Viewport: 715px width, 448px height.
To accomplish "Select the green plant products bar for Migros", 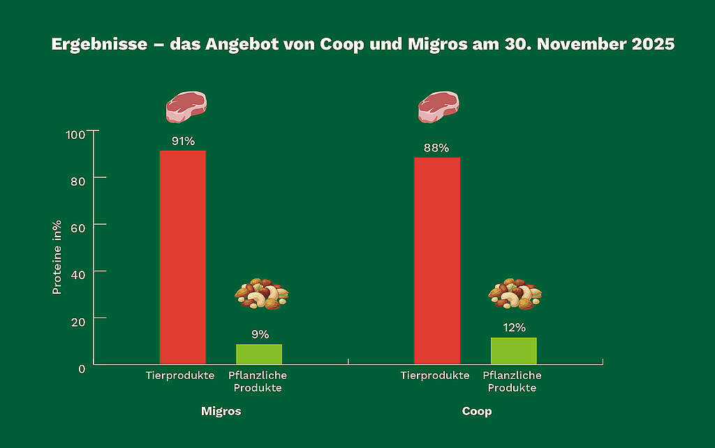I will point(259,354).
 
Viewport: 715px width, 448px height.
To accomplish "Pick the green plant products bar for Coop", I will point(513,350).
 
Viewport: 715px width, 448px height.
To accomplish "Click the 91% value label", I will point(183,142).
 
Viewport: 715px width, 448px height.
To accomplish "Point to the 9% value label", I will point(260,334).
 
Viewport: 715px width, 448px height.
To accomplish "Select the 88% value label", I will point(436,148).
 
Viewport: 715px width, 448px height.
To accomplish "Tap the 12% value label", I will point(514,327).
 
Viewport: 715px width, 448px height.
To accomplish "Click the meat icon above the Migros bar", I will point(186,107).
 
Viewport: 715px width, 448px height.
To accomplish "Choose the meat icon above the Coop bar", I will point(438,107).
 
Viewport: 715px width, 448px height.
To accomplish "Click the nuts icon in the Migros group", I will point(261,294).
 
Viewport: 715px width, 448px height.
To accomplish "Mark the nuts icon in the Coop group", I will point(515,294).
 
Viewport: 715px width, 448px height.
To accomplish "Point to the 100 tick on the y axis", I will point(76,134).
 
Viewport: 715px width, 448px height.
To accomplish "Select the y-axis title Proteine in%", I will point(57,257).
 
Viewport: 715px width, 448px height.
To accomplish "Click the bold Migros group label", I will point(221,411).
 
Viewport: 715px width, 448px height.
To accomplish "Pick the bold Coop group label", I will point(477,411).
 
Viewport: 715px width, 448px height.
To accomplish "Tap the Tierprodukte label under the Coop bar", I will point(434,375).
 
